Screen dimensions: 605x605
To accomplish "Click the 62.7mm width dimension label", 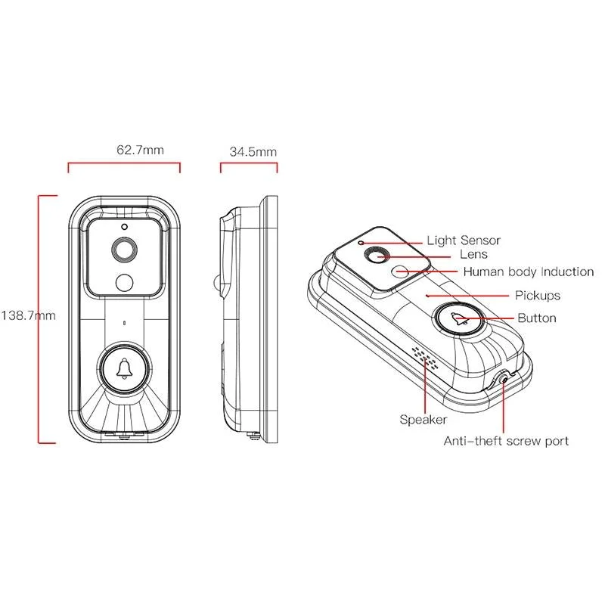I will click(x=140, y=150).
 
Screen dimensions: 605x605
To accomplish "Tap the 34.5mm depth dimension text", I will click(x=253, y=151).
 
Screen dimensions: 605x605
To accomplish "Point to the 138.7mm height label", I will click(x=28, y=315).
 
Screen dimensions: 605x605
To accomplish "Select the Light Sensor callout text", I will click(x=463, y=240).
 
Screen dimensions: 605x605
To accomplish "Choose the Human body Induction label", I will click(x=528, y=271).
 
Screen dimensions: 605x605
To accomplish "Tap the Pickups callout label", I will click(x=537, y=295).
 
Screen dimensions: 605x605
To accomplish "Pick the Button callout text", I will click(x=536, y=318).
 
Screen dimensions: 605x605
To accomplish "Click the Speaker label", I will click(x=423, y=419).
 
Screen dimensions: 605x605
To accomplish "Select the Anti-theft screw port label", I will click(x=506, y=440).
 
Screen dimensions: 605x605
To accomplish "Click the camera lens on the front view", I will click(x=124, y=249).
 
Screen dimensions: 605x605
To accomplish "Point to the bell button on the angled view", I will click(x=458, y=321).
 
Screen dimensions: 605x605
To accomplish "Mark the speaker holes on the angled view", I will click(x=424, y=357).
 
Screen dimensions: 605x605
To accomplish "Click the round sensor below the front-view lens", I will click(x=124, y=282).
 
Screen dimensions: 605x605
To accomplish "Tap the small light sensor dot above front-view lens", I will click(x=124, y=226).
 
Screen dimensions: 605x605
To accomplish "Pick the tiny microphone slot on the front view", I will click(x=124, y=321).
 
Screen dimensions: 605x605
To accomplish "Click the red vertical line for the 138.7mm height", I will click(x=39, y=318).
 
